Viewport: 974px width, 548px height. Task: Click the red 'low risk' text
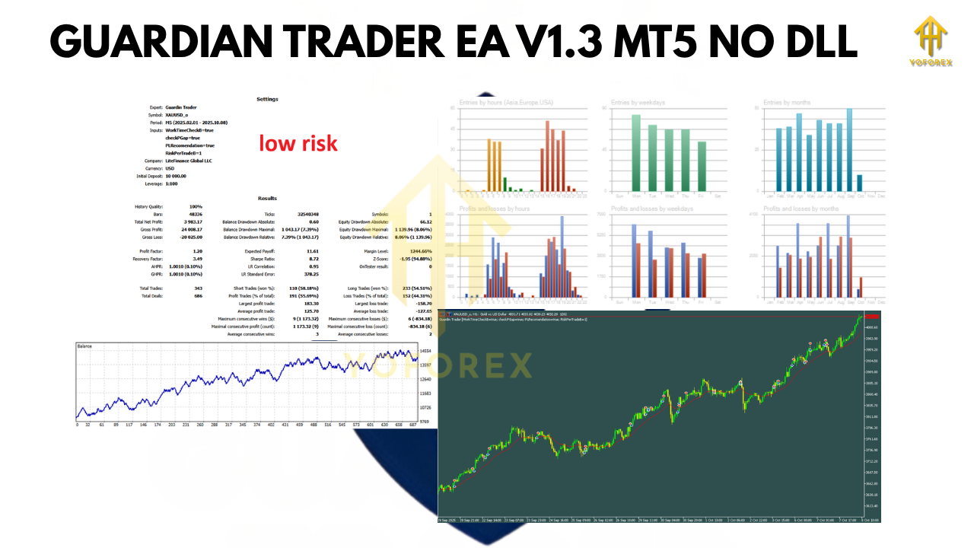[x=298, y=143]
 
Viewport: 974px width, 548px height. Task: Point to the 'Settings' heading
[x=267, y=99]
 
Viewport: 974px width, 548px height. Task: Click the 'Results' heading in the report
[x=267, y=198]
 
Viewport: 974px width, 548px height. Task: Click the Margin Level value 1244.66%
[x=420, y=250]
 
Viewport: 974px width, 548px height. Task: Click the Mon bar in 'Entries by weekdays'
[x=636, y=153]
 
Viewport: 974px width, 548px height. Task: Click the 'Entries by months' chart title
[x=788, y=102]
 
